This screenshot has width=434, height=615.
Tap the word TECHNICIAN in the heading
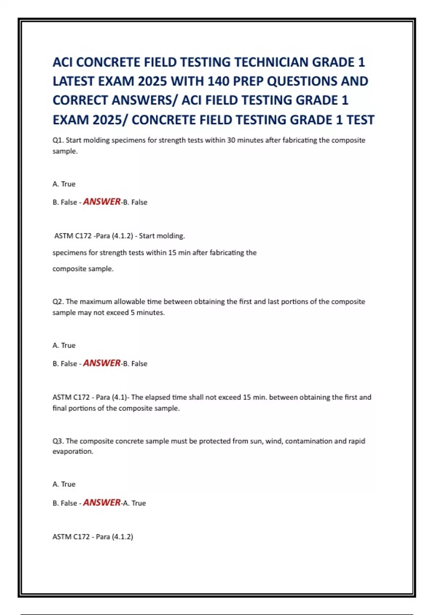tap(271, 62)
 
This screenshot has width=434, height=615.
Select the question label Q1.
tap(58, 140)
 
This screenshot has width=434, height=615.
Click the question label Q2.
tap(58, 302)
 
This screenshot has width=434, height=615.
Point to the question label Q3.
tap(58, 441)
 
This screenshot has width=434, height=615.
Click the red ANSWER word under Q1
tap(102, 202)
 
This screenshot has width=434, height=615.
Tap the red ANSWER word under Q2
tap(102, 363)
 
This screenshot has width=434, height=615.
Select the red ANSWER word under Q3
tap(102, 502)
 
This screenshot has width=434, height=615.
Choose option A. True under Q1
tap(64, 184)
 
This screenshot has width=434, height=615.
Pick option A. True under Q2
tap(64, 345)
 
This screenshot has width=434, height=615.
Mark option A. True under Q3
tap(64, 484)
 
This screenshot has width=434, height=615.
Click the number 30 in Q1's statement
tap(231, 140)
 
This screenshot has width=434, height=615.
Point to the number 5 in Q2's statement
tap(132, 313)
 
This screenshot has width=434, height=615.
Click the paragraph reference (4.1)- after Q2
tap(121, 397)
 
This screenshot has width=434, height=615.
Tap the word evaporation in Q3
tap(73, 451)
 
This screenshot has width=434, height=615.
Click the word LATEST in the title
tap(75, 81)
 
